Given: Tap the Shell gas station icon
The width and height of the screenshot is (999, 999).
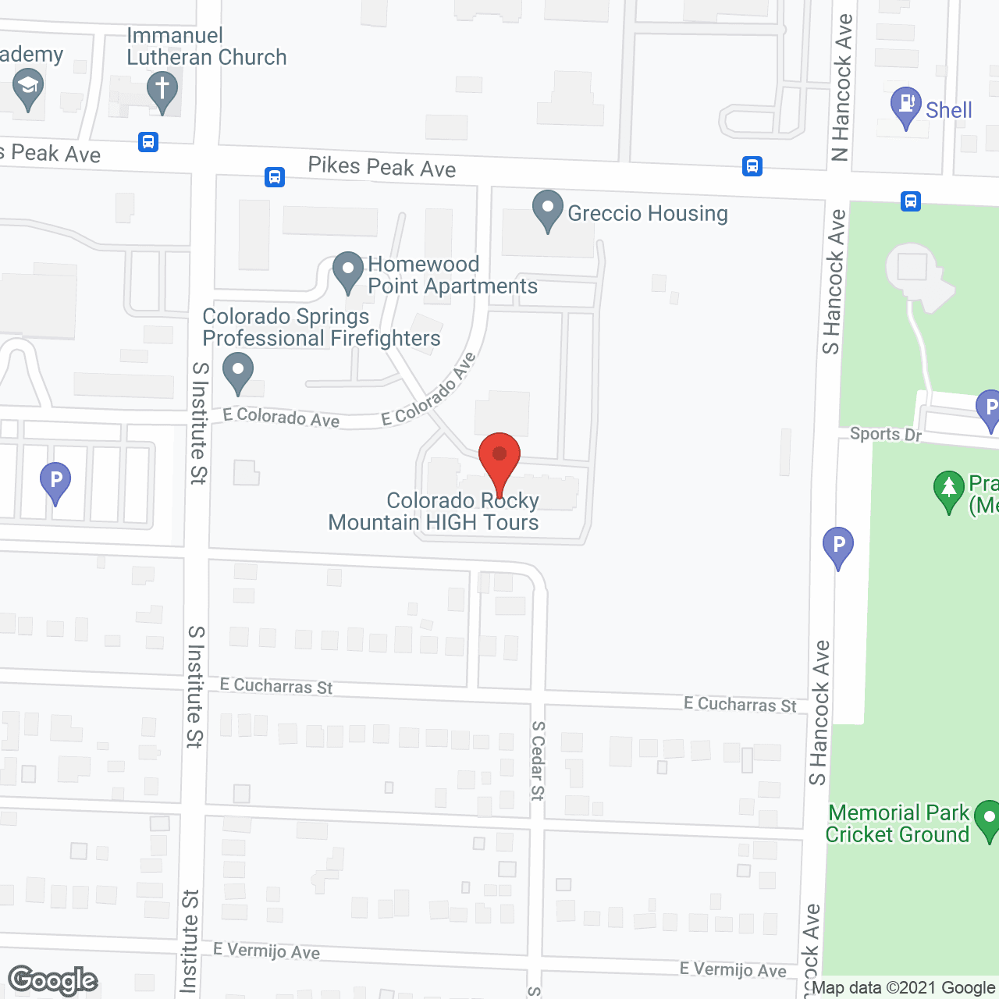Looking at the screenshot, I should tap(906, 105).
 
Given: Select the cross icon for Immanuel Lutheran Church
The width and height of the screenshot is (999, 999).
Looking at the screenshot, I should tap(162, 89).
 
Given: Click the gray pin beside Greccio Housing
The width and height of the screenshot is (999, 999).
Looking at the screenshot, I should tap(548, 209).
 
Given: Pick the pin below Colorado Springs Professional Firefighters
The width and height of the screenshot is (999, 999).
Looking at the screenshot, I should tap(238, 371).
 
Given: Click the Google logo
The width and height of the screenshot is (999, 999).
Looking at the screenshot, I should tap(53, 980).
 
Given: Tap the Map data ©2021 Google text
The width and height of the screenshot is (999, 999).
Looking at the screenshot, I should tap(904, 987).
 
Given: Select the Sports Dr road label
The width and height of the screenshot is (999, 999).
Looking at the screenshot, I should tap(886, 434).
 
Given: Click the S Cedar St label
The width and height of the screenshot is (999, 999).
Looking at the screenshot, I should tap(538, 760).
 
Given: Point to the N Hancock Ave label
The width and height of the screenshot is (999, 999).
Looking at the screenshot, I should tap(841, 87).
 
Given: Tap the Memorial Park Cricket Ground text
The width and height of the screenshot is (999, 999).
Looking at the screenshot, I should tap(898, 824).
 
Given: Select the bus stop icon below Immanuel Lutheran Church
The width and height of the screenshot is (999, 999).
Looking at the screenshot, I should tap(148, 142).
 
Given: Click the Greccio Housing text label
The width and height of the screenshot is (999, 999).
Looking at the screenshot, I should tap(648, 213).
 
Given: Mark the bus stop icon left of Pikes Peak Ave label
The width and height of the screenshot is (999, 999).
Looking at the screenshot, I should tap(275, 176).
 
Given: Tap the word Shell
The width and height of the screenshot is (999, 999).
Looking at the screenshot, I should tap(949, 110).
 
